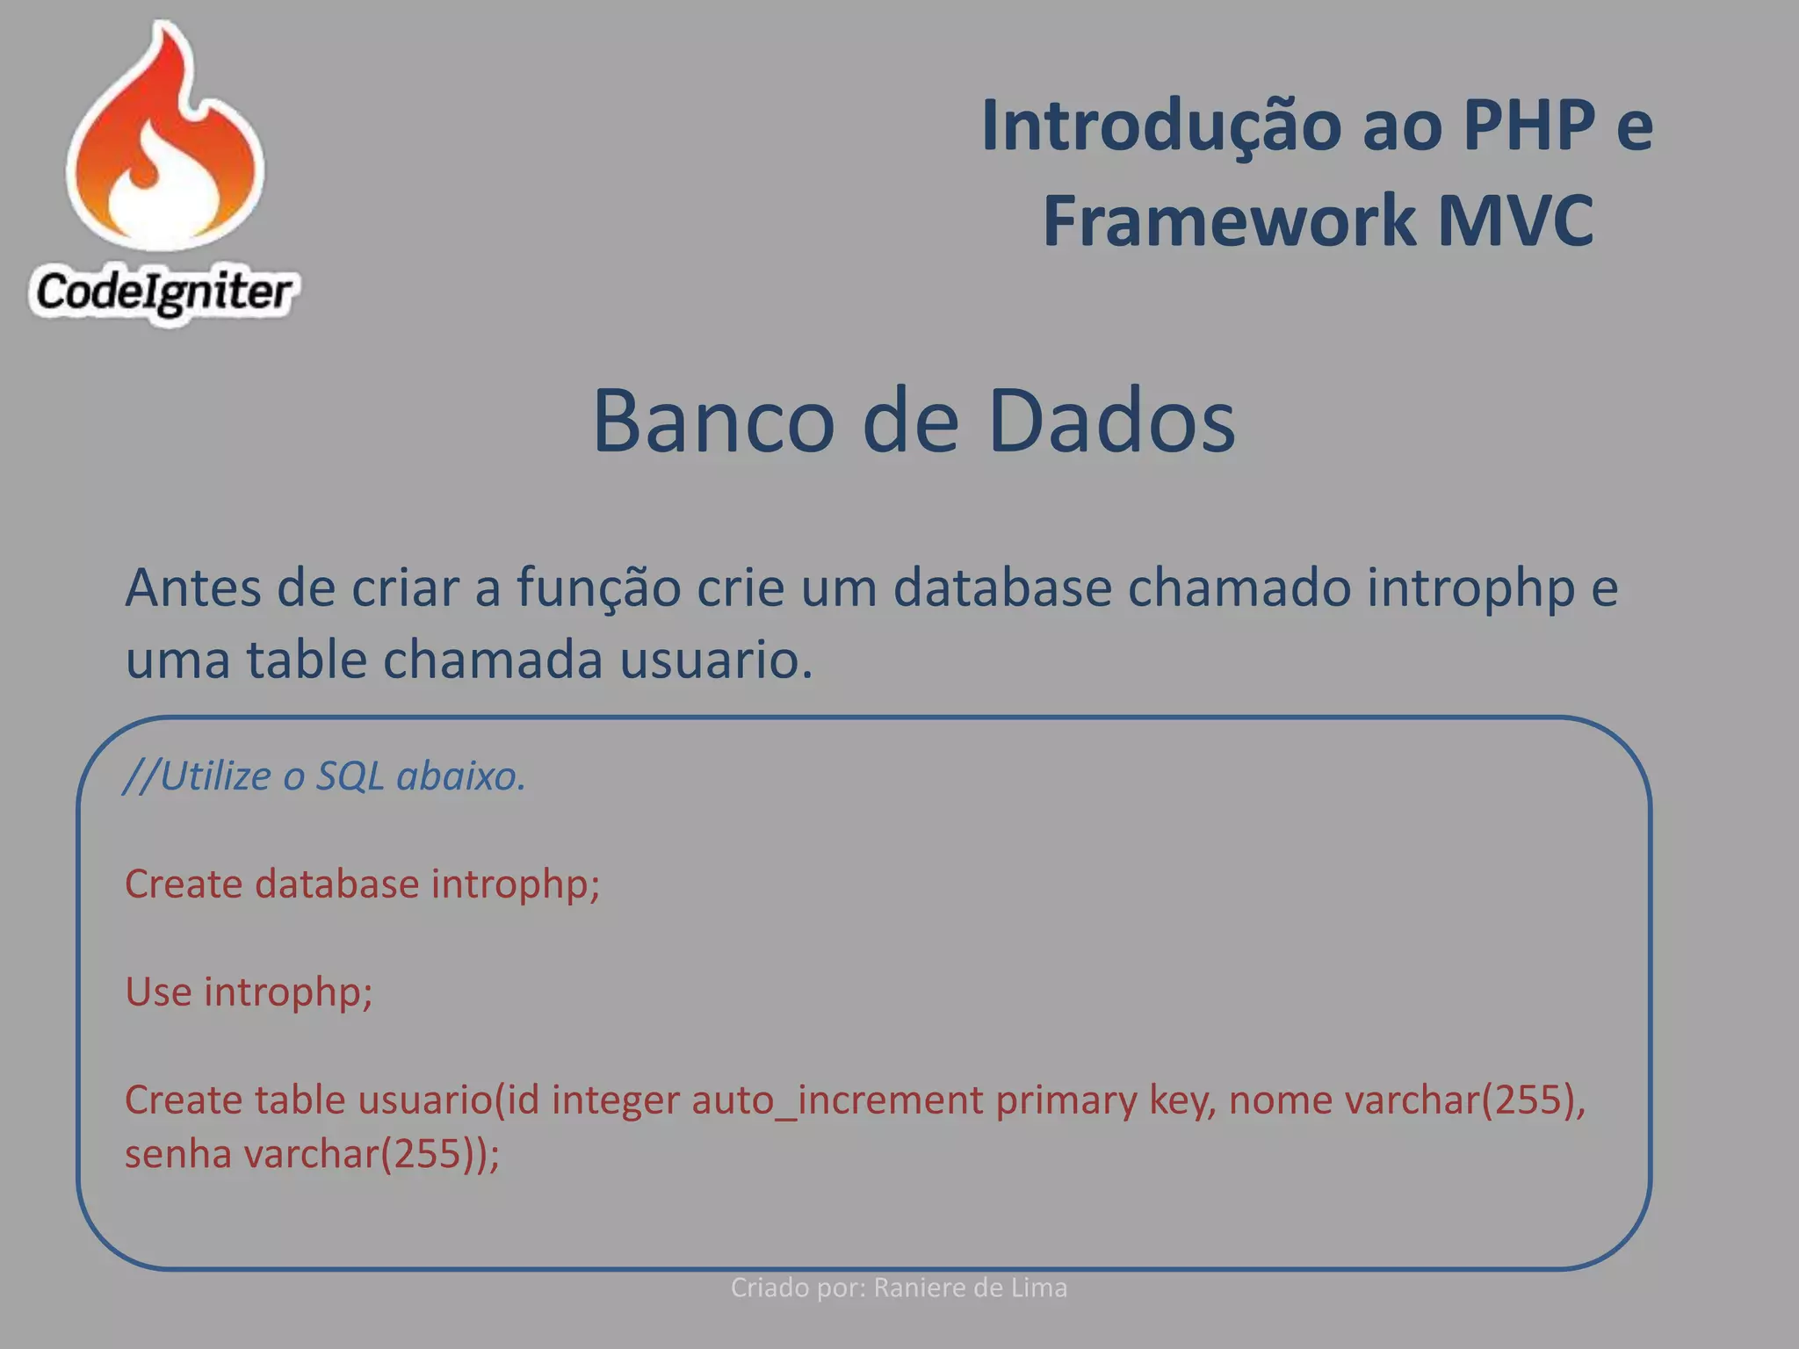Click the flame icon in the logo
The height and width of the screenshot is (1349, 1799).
point(165,141)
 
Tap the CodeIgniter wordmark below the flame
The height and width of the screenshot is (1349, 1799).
point(163,292)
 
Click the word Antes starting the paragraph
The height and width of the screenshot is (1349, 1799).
point(192,588)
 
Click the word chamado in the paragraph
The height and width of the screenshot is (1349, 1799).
point(1239,588)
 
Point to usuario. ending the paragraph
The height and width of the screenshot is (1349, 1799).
point(716,660)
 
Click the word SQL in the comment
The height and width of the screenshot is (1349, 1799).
point(350,776)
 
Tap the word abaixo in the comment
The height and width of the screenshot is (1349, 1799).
point(460,776)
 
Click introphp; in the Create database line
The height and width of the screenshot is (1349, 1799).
point(516,884)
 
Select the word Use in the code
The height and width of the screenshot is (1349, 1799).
point(158,992)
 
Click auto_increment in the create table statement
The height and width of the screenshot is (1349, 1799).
point(837,1100)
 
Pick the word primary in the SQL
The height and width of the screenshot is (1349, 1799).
point(1066,1100)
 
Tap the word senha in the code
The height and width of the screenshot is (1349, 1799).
point(177,1154)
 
